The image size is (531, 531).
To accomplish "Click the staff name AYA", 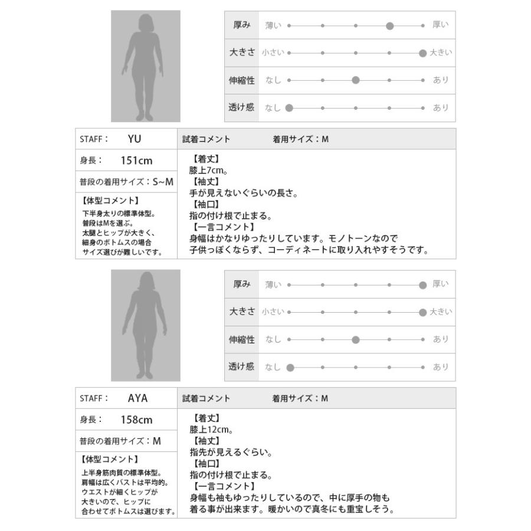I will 137,398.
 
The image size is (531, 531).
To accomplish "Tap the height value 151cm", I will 136,160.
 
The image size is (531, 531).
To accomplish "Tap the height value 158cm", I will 136,419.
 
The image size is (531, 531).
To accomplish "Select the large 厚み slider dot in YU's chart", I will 389,25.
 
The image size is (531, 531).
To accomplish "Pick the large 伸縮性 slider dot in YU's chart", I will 355,80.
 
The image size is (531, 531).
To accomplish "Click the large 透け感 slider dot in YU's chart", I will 289,108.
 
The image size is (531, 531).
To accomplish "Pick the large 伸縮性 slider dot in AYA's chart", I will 355,340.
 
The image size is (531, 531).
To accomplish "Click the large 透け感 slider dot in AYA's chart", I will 289,367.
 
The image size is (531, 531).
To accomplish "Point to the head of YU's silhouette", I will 145,25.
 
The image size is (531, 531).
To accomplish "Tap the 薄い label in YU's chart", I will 273,25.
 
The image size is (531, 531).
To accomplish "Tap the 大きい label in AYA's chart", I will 440,312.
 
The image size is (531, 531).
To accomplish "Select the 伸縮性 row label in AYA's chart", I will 241,340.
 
